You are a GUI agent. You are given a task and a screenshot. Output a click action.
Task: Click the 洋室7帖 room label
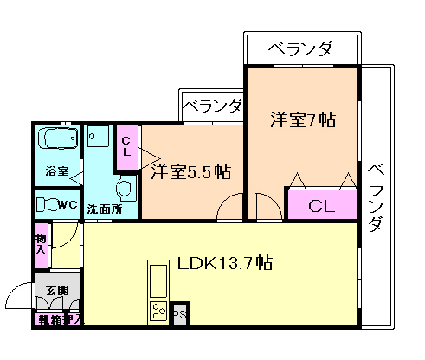(x=302, y=120)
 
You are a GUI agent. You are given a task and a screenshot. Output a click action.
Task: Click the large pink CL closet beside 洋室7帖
(x=322, y=207)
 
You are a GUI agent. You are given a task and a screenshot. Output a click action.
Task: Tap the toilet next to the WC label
(x=45, y=205)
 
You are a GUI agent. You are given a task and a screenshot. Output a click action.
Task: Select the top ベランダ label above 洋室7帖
(x=299, y=48)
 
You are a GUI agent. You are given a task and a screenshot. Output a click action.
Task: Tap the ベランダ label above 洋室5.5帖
(x=213, y=106)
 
